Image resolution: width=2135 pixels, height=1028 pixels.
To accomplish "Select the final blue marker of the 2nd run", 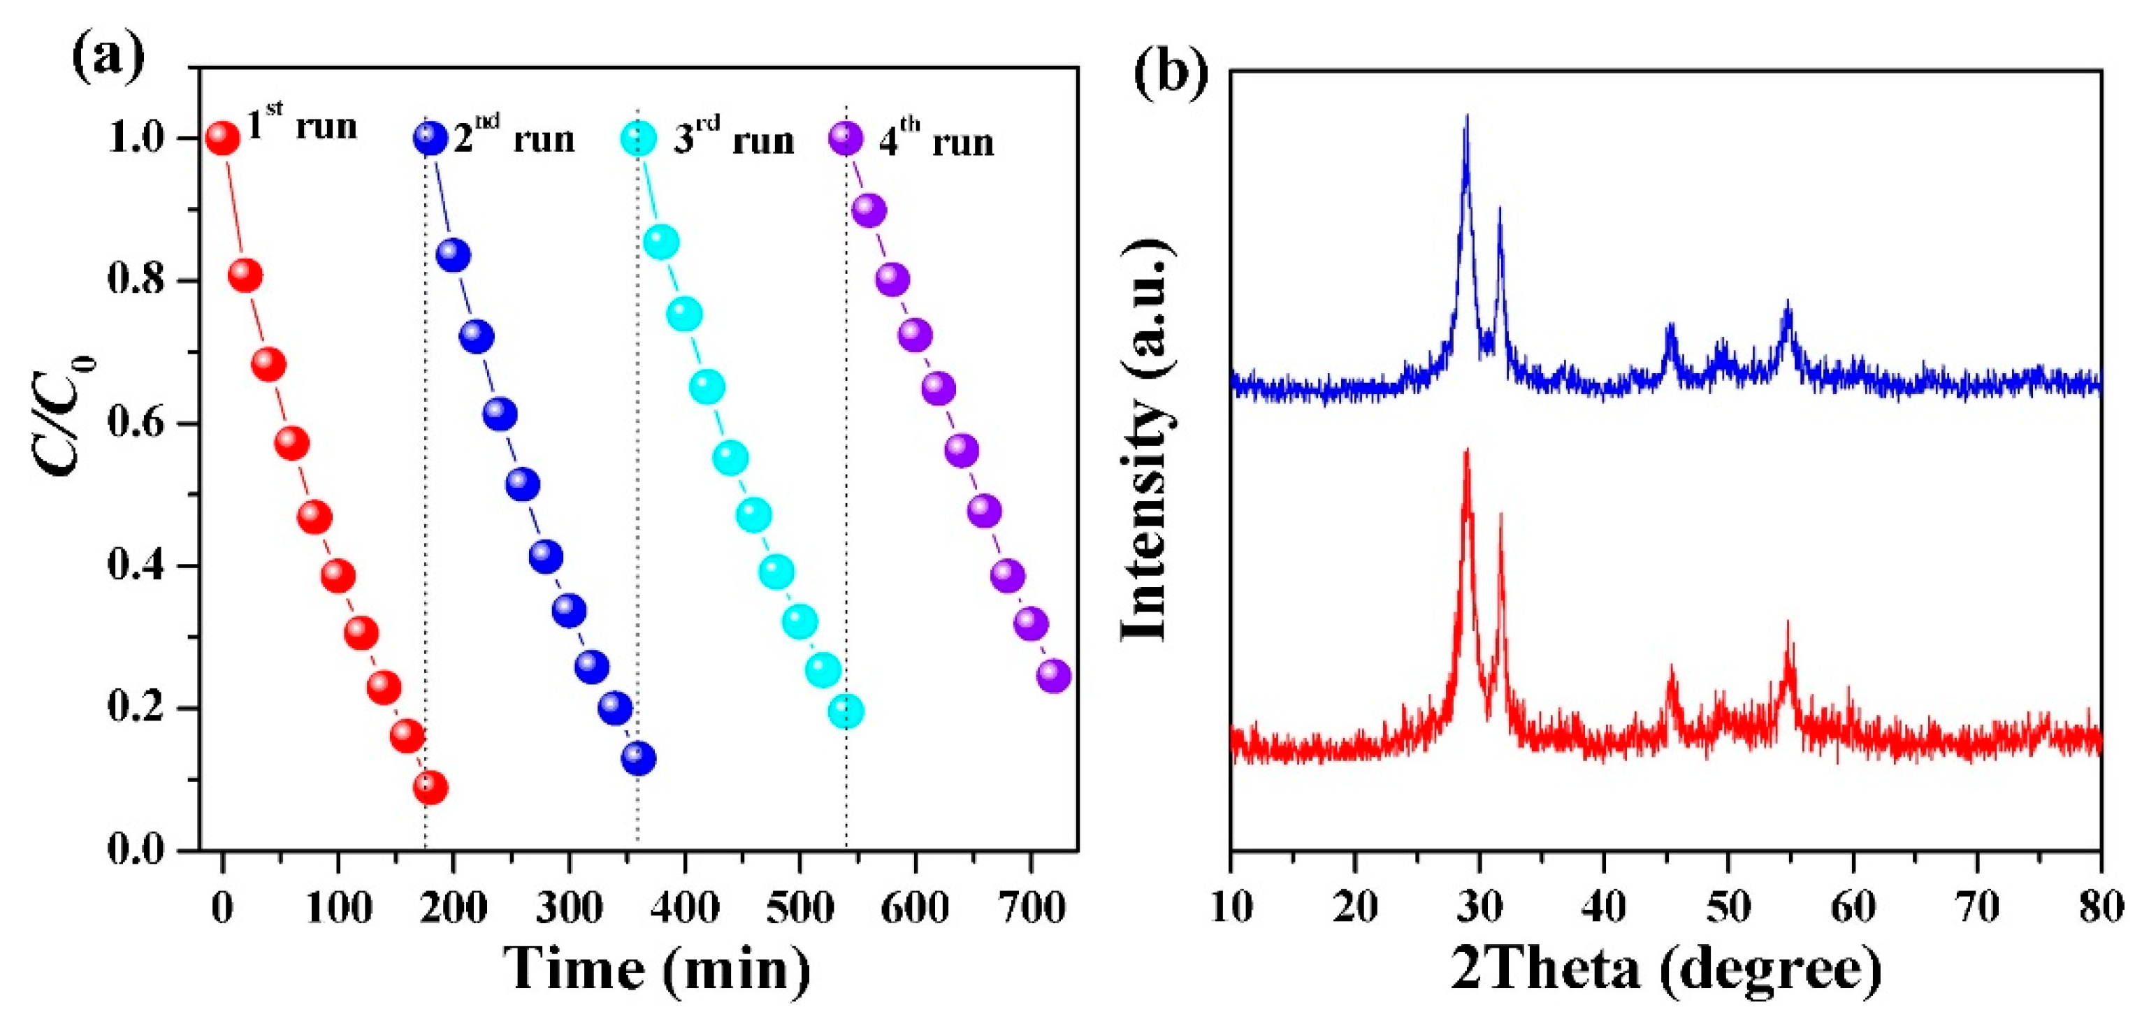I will click(x=638, y=758).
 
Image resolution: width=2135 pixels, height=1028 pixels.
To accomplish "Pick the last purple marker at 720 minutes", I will click(x=1053, y=676).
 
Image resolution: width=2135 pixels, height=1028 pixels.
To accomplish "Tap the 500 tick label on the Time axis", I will click(x=799, y=908).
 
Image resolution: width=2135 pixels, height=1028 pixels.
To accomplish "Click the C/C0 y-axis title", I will click(x=65, y=414).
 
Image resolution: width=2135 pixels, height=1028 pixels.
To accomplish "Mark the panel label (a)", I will click(x=108, y=58).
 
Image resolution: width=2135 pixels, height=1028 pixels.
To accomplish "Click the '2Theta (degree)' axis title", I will click(x=1666, y=969).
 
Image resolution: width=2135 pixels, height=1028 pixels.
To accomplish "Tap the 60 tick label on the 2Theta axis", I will click(x=1853, y=907).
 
